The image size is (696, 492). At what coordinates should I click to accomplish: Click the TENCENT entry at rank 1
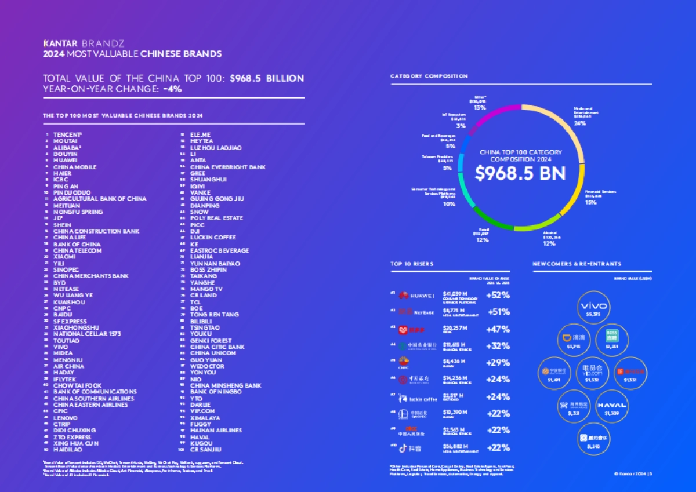[x=66, y=134]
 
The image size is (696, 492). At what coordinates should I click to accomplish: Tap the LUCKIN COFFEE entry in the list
[x=213, y=238]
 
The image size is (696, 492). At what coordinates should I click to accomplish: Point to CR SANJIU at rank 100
[x=206, y=449]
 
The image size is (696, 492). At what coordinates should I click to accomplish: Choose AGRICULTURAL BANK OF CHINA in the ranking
[x=100, y=199]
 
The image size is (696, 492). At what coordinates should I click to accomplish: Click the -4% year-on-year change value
[x=172, y=89]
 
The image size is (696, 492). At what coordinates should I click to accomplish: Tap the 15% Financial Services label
[x=590, y=202]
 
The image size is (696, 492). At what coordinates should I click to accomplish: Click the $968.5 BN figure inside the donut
[x=520, y=173]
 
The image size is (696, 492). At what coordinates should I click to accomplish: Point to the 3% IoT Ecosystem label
[x=461, y=126]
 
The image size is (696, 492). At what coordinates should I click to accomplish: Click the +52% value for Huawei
[x=498, y=295]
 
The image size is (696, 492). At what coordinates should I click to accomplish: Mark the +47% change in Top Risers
[x=498, y=329]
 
